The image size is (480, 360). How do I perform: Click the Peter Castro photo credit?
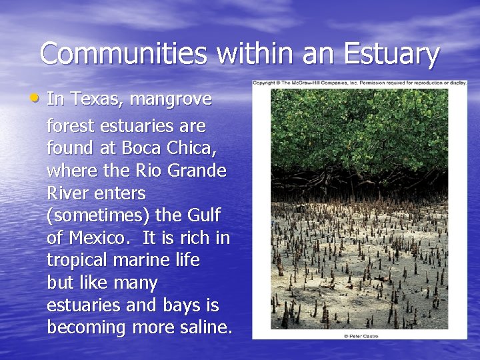(359, 336)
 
